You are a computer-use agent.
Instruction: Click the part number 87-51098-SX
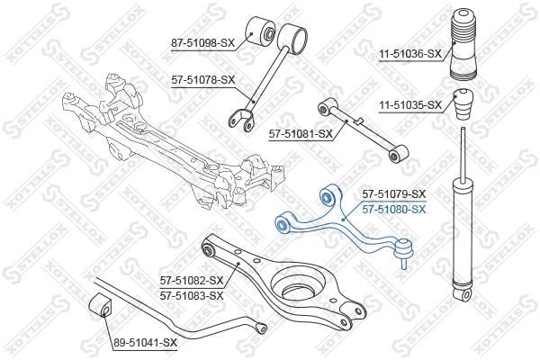(x=202, y=43)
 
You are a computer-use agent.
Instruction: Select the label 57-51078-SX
(x=202, y=80)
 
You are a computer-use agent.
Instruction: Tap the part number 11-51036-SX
(x=410, y=54)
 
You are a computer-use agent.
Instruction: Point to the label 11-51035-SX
(x=410, y=104)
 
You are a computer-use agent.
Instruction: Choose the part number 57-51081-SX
(x=301, y=134)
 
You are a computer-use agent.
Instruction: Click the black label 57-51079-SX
(x=394, y=194)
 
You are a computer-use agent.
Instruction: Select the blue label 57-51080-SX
(x=394, y=209)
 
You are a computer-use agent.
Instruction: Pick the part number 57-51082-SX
(x=192, y=281)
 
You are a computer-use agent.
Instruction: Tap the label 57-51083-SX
(x=192, y=295)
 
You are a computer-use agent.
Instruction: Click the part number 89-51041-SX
(x=145, y=342)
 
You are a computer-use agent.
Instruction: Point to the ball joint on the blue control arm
(x=404, y=250)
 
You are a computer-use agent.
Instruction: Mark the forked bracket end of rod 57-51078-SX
(x=240, y=120)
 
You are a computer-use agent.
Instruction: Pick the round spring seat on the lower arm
(x=298, y=285)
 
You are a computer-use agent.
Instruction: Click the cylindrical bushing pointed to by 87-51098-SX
(x=261, y=31)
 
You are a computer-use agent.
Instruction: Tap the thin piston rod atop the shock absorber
(x=463, y=152)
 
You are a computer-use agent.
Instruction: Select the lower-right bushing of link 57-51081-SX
(x=398, y=154)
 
